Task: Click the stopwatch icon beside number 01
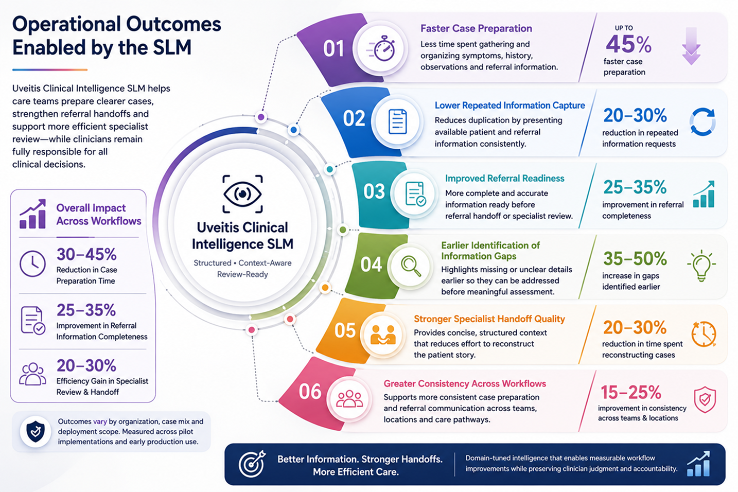point(381,49)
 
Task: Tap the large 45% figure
point(628,44)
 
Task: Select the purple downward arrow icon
point(691,46)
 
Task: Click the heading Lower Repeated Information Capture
point(509,105)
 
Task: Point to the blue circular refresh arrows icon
point(702,121)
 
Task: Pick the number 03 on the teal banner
point(374,191)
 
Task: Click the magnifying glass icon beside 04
point(411,267)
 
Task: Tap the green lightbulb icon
point(701,266)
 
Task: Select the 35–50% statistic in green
point(635,258)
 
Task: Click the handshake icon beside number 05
point(383,335)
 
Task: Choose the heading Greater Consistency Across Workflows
point(465,383)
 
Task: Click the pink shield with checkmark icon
point(705,400)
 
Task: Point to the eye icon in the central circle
point(242,194)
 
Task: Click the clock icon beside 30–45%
point(32,263)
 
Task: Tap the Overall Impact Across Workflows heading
point(99,214)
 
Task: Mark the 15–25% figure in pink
point(630,392)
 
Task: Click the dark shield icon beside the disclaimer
point(35,431)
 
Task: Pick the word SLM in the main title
point(171,47)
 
